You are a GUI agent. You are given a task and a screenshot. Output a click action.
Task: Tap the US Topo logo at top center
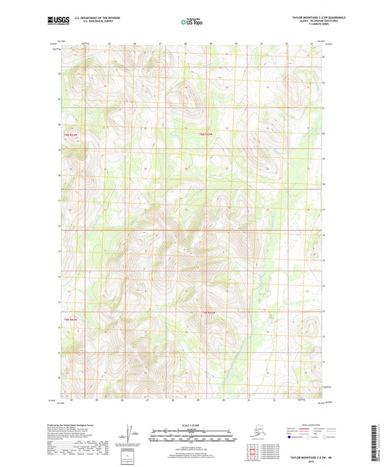tap(193, 22)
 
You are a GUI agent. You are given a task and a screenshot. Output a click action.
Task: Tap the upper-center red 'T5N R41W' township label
tap(206, 134)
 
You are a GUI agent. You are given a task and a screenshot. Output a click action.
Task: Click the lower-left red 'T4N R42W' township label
tap(70, 319)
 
